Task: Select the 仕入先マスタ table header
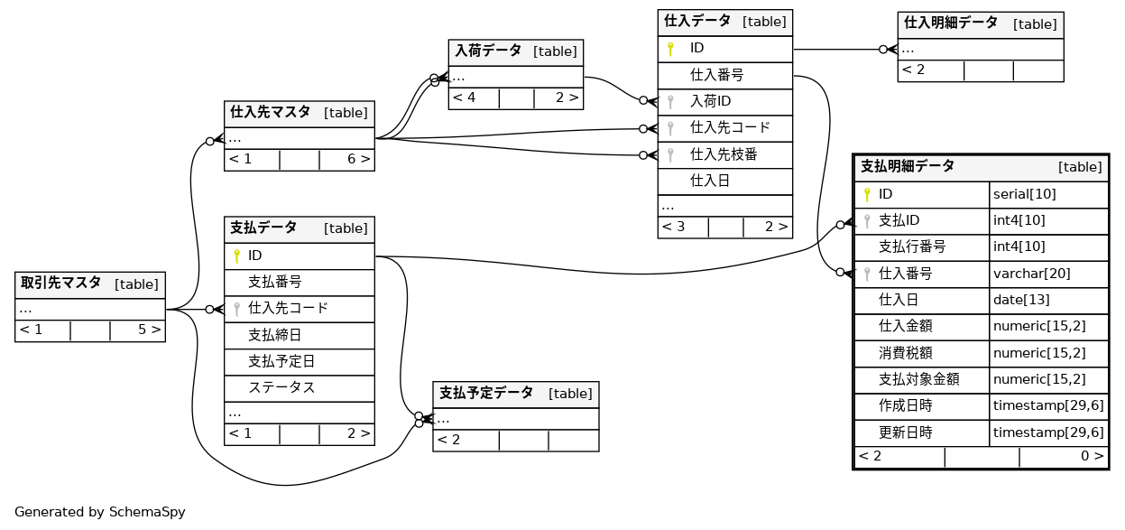271,113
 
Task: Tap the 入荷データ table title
488,51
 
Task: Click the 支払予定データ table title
486,394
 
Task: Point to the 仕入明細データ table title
951,23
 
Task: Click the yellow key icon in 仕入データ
670,49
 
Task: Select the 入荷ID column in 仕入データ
710,101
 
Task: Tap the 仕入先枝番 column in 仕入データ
723,154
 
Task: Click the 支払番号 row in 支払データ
274,283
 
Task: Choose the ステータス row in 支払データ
281,387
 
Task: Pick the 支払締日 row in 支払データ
274,335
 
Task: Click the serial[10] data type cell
1024,194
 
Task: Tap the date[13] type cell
1021,300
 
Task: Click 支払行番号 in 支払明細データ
912,246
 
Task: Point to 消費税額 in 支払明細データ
906,353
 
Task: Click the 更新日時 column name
906,432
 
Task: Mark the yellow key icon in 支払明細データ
867,194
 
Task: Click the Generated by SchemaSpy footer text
100,512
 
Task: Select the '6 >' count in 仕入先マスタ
358,160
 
